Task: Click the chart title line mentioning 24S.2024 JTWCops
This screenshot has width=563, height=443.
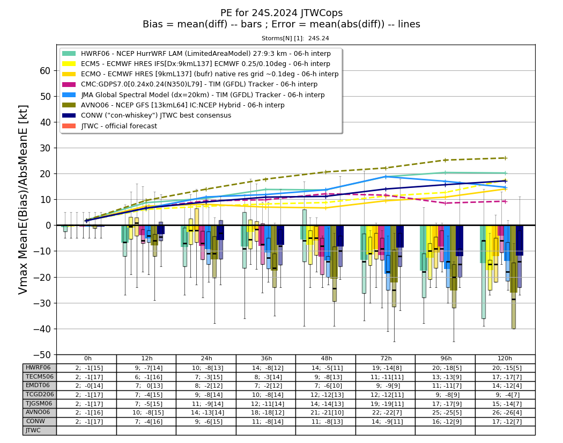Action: (281, 13)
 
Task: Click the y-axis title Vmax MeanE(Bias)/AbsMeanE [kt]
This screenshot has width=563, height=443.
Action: (23, 200)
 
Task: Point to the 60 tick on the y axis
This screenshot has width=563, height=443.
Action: (45, 71)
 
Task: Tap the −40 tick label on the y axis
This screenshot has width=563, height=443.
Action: (42, 329)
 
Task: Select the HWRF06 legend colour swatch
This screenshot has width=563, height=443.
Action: (69, 54)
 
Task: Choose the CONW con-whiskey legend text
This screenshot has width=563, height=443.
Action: (156, 115)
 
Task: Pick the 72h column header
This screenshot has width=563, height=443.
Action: (386, 359)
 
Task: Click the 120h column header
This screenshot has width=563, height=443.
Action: (505, 359)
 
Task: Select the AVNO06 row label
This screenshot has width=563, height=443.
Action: (38, 412)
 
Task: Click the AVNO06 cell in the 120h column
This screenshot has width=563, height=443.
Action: (505, 412)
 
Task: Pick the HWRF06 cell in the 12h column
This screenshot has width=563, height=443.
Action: (146, 368)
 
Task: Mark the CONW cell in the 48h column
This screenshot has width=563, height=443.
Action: (326, 422)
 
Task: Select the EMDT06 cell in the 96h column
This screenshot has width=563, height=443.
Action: (446, 386)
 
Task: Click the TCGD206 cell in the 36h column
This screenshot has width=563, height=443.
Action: (266, 395)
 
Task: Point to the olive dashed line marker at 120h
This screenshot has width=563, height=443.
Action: (505, 158)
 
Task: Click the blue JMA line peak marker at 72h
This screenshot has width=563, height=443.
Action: (386, 177)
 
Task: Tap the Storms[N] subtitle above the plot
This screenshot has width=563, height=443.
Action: (295, 38)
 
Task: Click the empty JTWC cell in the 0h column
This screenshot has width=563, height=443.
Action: (86, 431)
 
